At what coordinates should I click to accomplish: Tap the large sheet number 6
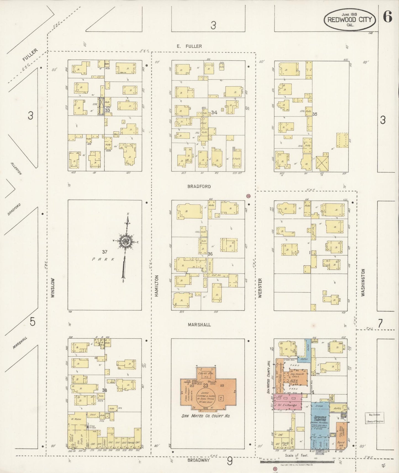click(387, 17)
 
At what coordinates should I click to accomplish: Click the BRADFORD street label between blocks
click(199, 187)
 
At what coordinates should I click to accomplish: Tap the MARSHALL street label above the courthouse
click(199, 325)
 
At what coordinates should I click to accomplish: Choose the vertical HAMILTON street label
click(157, 286)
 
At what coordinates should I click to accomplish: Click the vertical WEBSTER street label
click(260, 288)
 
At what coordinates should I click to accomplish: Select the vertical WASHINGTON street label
click(363, 283)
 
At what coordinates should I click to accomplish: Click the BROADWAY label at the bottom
click(198, 460)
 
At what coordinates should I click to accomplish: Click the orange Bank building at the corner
click(342, 435)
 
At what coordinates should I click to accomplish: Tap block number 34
click(214, 112)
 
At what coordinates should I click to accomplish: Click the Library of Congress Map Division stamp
click(374, 418)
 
